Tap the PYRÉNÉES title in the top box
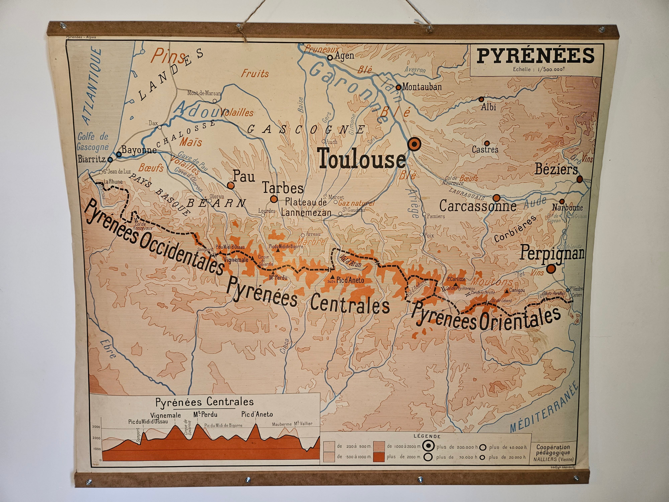pos(535,56)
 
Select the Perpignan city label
pos(552,254)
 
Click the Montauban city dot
pos(398,88)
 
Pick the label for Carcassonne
pos(478,206)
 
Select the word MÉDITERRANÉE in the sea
pos(544,408)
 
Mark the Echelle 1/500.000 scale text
pos(538,69)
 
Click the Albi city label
pos(488,107)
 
